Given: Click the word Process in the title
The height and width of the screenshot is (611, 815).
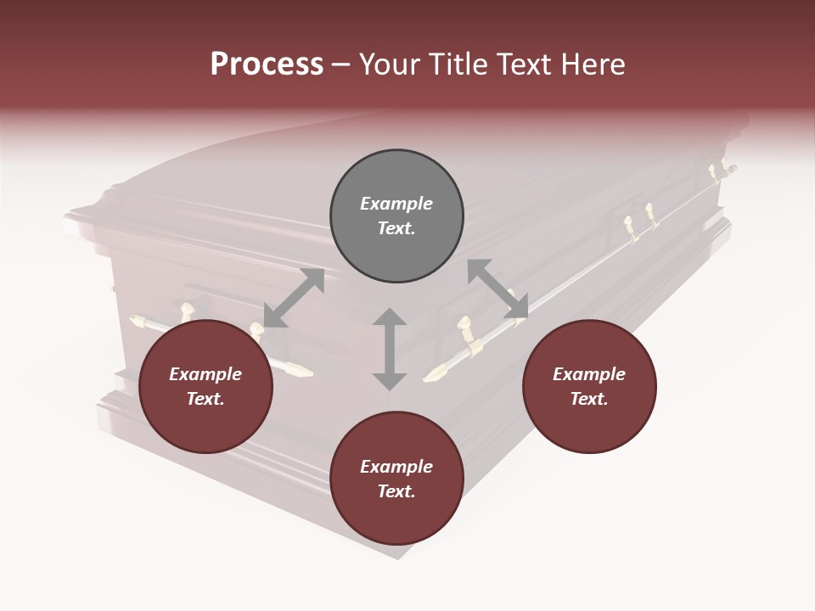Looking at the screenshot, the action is pyautogui.click(x=267, y=64).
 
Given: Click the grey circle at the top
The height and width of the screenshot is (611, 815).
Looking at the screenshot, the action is pyautogui.click(x=396, y=216).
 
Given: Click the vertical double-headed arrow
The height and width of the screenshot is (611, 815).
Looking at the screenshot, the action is pyautogui.click(x=390, y=349).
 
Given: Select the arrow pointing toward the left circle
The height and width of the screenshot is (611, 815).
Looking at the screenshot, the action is pyautogui.click(x=293, y=298).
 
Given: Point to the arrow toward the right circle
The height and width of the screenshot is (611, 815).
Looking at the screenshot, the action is pyautogui.click(x=498, y=289).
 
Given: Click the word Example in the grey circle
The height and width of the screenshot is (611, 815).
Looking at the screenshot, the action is pyautogui.click(x=396, y=204).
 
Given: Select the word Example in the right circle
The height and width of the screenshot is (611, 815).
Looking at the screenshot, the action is pyautogui.click(x=589, y=374).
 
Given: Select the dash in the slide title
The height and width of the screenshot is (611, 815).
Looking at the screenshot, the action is pyautogui.click(x=340, y=65).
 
